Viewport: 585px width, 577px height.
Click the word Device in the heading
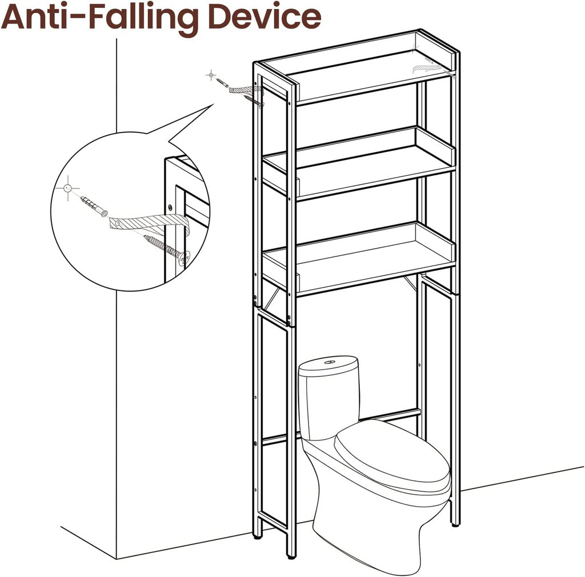(x=265, y=17)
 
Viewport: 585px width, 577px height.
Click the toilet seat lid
(x=392, y=455)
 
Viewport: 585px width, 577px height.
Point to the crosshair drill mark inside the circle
(x=67, y=188)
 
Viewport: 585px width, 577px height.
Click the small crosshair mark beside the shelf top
(x=211, y=75)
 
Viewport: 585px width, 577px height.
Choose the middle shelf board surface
(x=358, y=168)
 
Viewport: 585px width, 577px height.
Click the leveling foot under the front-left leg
(x=291, y=557)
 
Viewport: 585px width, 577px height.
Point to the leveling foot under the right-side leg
(x=455, y=524)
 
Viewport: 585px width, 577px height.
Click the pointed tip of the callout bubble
(x=214, y=105)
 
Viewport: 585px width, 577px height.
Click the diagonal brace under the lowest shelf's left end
(x=272, y=296)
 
